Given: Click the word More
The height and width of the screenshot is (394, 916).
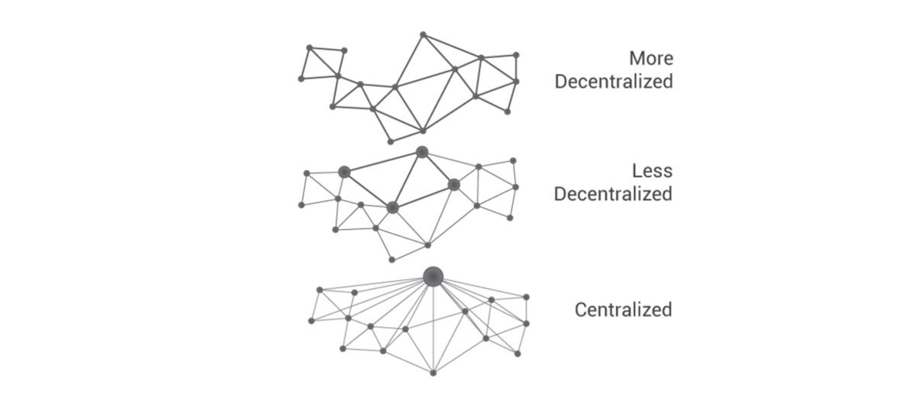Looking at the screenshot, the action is pos(651,59).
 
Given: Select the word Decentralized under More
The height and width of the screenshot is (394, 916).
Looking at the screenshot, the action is pos(614,82).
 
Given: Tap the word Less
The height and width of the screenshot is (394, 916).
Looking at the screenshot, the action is pos(652,171).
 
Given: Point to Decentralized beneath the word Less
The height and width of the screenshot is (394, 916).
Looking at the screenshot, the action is pos(614,194).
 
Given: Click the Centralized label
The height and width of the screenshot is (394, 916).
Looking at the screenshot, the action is pos(623,310).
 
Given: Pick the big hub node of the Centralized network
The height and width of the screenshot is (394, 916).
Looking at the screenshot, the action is pos(433,276).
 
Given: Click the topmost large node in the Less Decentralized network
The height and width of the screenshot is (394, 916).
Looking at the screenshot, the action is pos(422,153).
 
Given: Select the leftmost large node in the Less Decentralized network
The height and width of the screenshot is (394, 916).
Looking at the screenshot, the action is pos(344,173).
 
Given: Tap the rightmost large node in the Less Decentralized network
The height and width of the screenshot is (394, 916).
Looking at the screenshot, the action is pos(454,185).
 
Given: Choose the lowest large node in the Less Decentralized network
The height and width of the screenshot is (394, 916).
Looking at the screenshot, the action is pos(392,208).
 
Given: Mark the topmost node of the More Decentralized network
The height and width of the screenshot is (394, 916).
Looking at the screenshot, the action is pos(423,35).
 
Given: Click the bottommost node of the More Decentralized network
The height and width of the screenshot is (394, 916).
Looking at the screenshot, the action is pos(391,142).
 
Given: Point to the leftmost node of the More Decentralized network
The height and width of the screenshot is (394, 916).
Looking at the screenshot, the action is pos(302,79).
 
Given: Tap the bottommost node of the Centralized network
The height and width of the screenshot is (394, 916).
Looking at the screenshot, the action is pos(434,373).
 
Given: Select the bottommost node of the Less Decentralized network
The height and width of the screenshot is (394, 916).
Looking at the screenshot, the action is pos(392,260).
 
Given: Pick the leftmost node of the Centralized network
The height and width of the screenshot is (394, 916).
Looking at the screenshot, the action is pos(311,321).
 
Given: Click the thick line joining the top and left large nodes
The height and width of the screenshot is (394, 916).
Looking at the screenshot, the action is pos(383,163).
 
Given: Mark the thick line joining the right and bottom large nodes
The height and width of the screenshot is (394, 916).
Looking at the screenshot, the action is pos(423,196).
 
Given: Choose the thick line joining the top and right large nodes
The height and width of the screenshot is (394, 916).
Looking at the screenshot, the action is pos(438,169).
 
